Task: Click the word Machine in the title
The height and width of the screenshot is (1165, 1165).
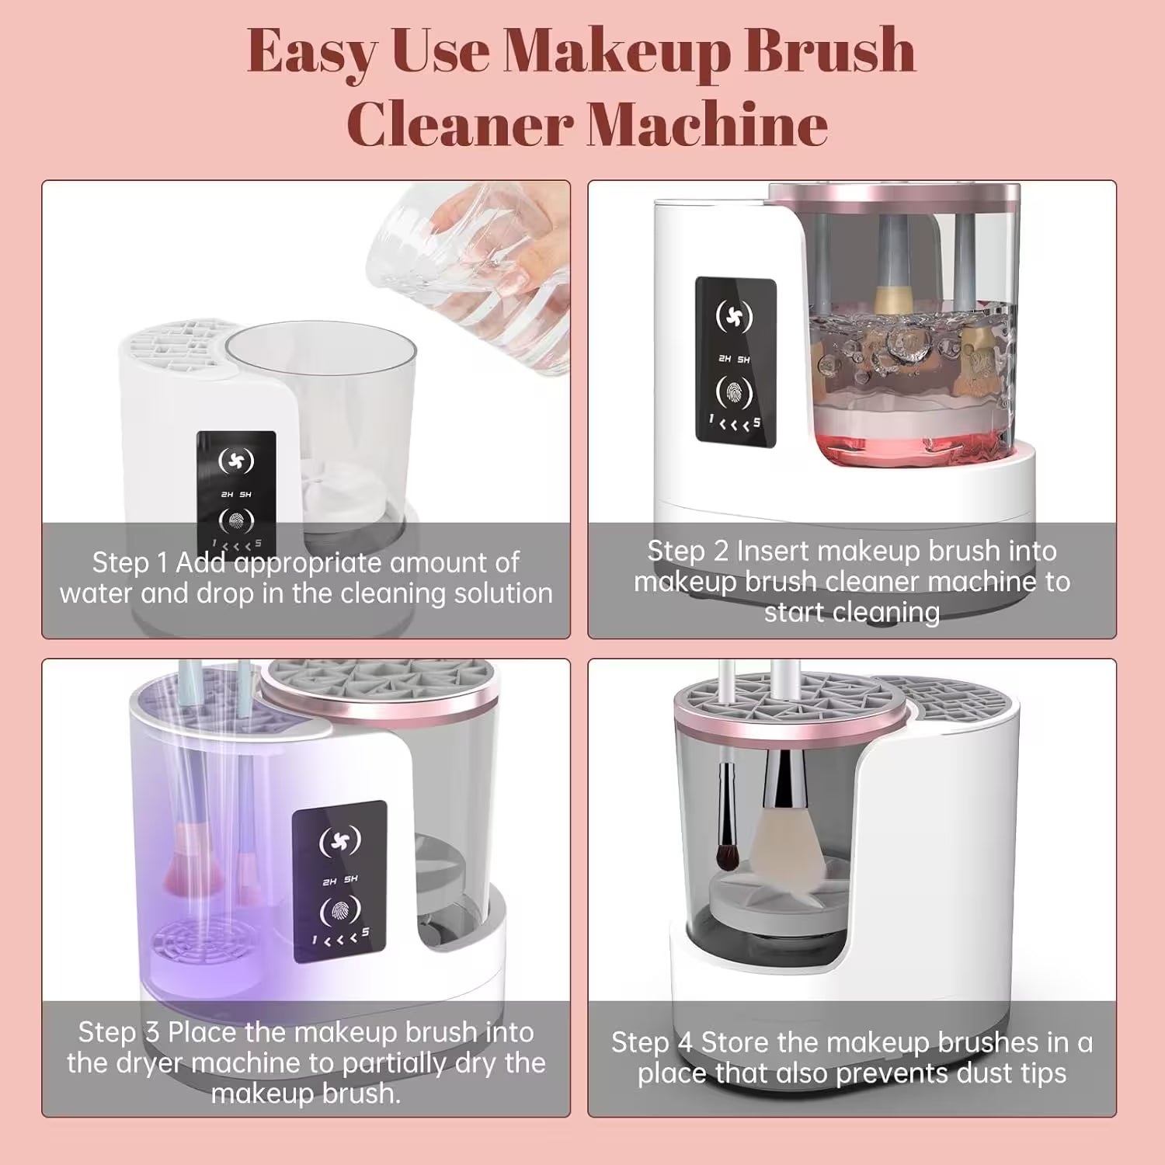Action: [x=707, y=124]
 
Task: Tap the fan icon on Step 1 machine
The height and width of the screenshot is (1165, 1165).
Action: [x=236, y=461]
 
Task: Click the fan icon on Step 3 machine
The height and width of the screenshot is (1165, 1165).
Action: [x=340, y=840]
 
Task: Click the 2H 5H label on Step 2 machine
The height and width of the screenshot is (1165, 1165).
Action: [x=734, y=360]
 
